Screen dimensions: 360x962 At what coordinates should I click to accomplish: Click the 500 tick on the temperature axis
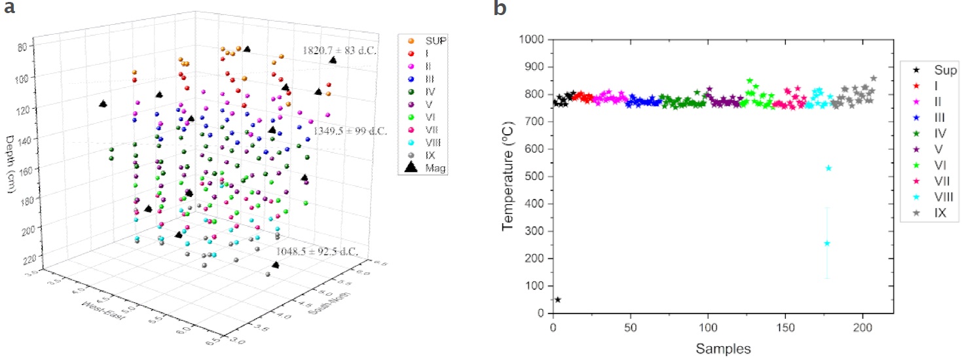(538, 176)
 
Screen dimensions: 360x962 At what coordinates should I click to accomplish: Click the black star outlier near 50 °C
(558, 300)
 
